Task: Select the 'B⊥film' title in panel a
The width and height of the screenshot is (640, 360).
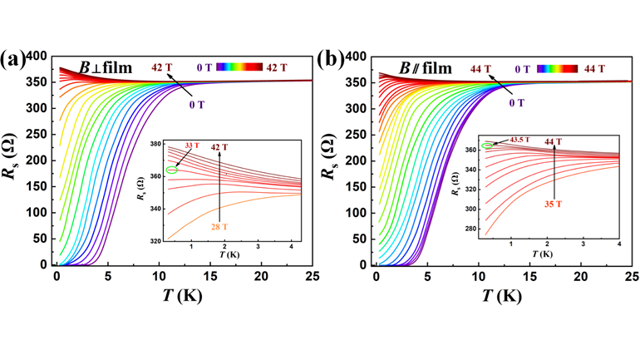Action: pos(106,67)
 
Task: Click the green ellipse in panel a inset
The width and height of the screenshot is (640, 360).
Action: pos(172,170)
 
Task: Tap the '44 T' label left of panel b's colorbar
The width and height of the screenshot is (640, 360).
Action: pos(481,68)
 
